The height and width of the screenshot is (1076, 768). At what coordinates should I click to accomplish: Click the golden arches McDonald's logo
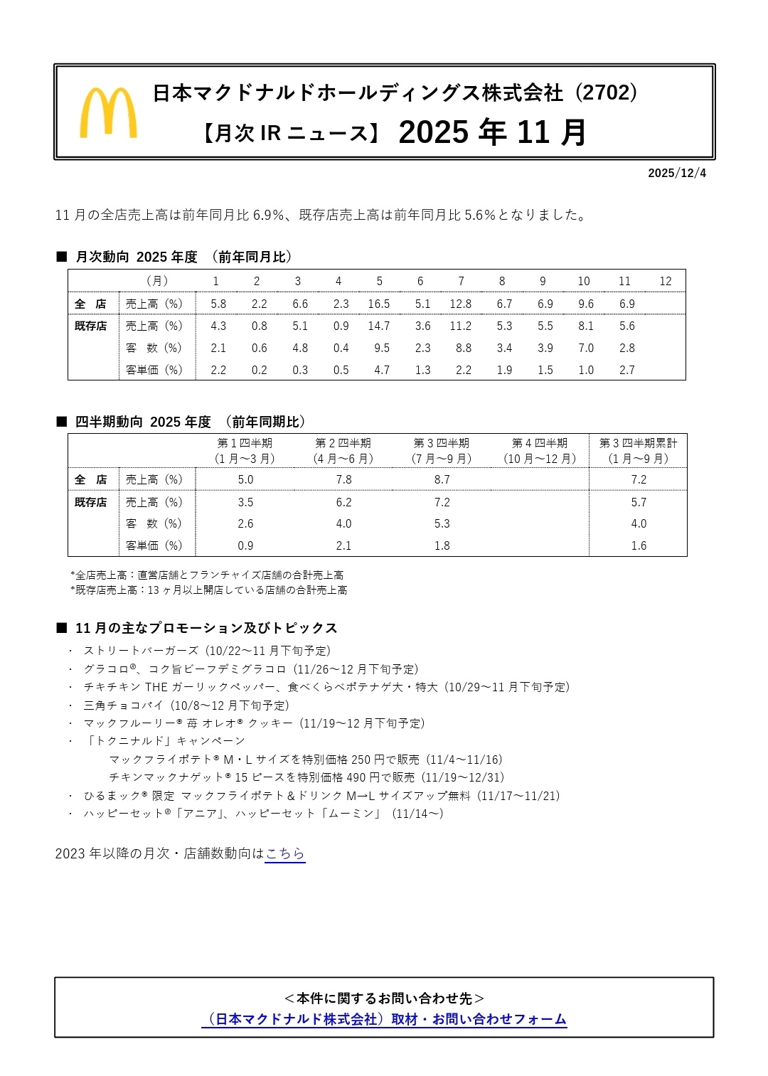point(108,112)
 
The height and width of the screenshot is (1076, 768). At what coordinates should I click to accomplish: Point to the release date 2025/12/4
point(676,173)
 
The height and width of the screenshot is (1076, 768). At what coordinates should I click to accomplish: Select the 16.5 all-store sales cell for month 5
point(378,304)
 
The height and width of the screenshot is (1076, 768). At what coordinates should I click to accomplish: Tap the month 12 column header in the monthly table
point(665,281)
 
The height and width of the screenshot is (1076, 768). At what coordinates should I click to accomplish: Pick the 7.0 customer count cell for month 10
point(585,348)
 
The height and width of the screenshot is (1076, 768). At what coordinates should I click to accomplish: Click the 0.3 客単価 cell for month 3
point(300,370)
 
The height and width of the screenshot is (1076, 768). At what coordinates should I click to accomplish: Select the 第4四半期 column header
point(540,443)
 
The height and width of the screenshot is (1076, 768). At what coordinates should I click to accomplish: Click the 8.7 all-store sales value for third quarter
point(442,479)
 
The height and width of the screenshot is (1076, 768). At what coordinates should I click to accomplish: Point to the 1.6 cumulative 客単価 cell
point(639,545)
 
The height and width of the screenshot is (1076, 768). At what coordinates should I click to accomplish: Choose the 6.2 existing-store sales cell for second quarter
point(343,502)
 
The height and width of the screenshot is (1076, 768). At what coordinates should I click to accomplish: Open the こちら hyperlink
point(285,853)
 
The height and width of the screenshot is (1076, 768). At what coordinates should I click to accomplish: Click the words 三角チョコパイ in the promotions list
point(124,705)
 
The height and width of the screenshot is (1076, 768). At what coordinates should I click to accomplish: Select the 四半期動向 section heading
point(109,422)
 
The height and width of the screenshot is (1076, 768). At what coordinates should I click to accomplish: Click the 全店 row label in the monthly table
point(90,304)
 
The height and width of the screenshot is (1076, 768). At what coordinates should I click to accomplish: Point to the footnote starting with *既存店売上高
point(209,590)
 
